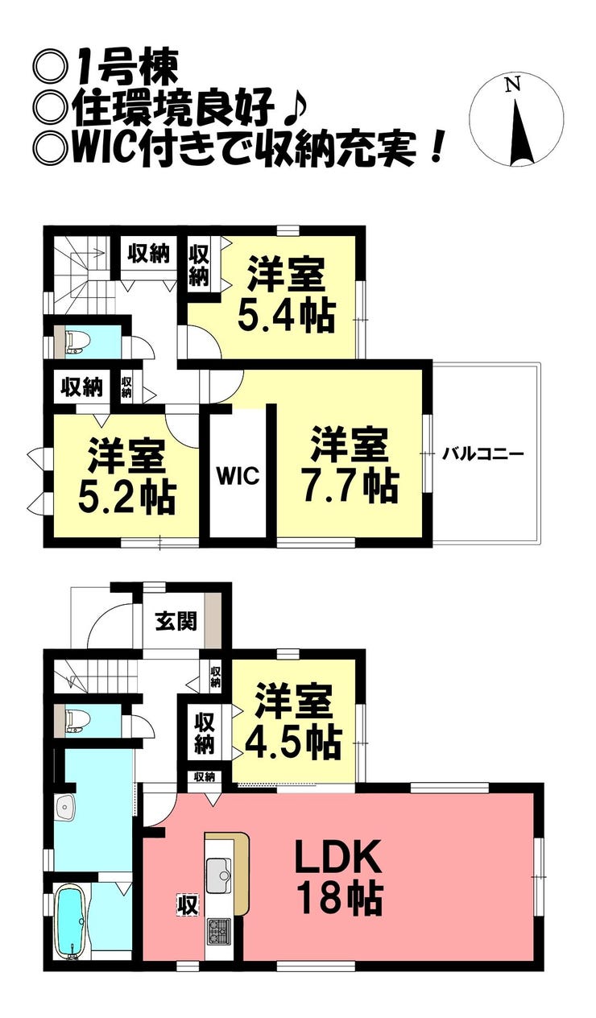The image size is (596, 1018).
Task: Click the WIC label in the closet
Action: coord(238,475)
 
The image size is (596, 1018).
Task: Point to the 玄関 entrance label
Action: coord(176,622)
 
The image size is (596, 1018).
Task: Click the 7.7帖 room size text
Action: coord(350,486)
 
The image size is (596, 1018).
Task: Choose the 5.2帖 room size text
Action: coord(126,498)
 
